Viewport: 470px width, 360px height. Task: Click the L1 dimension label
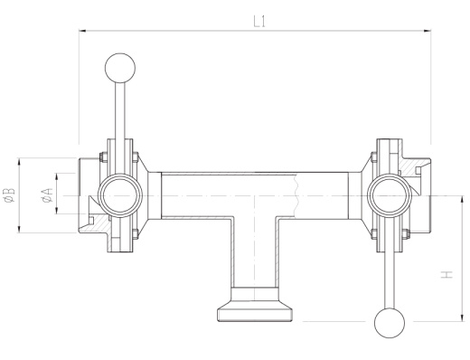pos(259,22)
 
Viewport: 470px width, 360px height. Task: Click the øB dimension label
pos(9,194)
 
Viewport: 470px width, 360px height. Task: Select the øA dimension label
pos(48,194)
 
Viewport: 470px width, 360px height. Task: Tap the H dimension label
pos(447,274)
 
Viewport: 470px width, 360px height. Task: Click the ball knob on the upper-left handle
pos(120,68)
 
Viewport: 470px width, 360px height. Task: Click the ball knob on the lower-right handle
pos(390,323)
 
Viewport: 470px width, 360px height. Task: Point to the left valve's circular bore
pos(120,195)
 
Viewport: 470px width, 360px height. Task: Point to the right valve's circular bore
pos(390,195)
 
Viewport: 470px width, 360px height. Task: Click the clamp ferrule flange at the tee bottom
pos(255,315)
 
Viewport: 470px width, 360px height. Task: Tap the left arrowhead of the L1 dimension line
pos(83,31)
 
